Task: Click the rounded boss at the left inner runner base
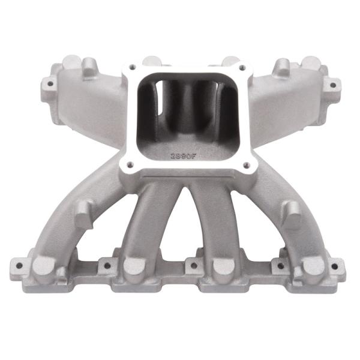coord(134,265)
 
